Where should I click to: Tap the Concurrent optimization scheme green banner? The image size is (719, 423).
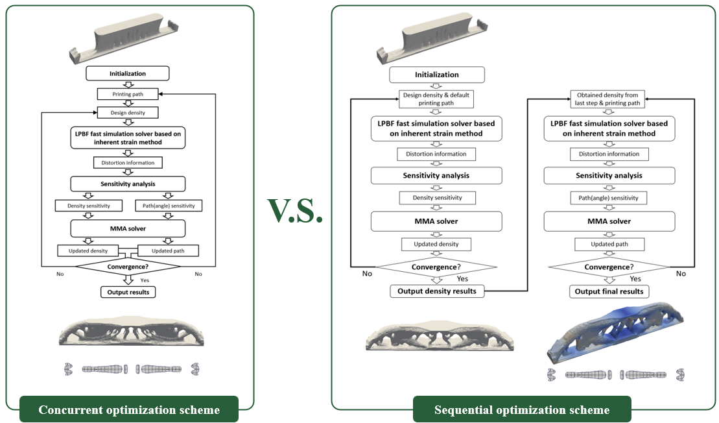click(x=129, y=409)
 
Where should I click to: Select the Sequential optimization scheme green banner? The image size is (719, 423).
click(x=522, y=409)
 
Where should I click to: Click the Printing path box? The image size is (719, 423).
click(x=128, y=94)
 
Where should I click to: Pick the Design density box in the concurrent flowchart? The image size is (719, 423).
click(x=128, y=113)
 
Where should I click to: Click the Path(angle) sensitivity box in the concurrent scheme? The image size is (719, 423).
click(x=169, y=206)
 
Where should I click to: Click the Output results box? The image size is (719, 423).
click(x=128, y=292)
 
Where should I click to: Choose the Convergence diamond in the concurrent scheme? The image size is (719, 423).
click(x=128, y=266)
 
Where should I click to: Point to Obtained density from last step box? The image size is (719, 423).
click(x=609, y=99)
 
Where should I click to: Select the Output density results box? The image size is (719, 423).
click(x=436, y=291)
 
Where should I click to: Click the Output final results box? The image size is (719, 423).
click(x=609, y=291)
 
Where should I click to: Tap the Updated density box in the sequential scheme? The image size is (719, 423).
click(x=436, y=244)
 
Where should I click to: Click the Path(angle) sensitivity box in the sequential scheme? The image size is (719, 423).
click(x=609, y=197)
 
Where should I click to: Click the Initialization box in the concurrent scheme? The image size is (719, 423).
click(x=128, y=73)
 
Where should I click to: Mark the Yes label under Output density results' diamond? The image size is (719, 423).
click(x=462, y=278)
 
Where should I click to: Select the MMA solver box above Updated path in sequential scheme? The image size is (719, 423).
click(x=609, y=221)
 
